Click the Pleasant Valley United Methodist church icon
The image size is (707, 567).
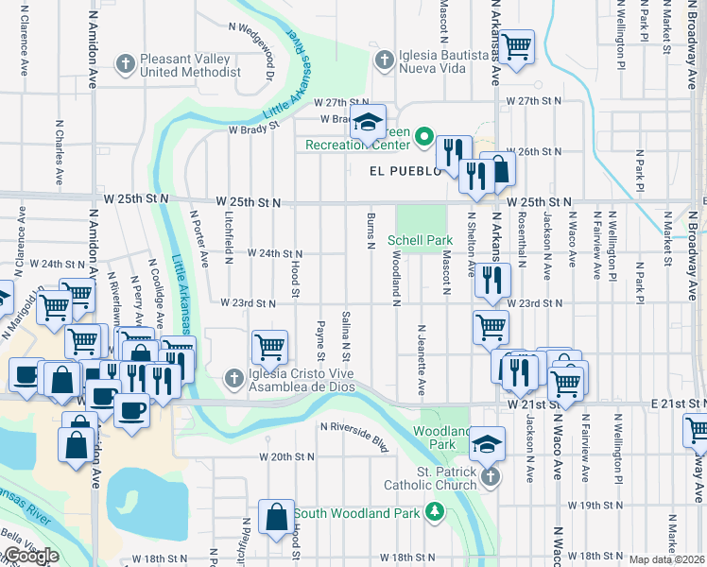(x=124, y=65)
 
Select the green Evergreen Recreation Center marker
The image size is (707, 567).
(x=425, y=138)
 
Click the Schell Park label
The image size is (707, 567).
(x=420, y=241)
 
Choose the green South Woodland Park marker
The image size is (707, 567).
(x=434, y=513)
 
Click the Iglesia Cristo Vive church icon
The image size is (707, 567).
(x=234, y=379)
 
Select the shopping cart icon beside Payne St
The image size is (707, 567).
(x=270, y=347)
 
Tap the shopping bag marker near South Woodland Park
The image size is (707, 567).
(x=276, y=519)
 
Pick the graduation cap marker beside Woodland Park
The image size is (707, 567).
(x=487, y=443)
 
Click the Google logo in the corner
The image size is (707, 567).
(x=30, y=556)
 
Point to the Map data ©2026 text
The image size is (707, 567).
(x=666, y=559)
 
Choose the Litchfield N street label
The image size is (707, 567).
(x=229, y=235)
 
